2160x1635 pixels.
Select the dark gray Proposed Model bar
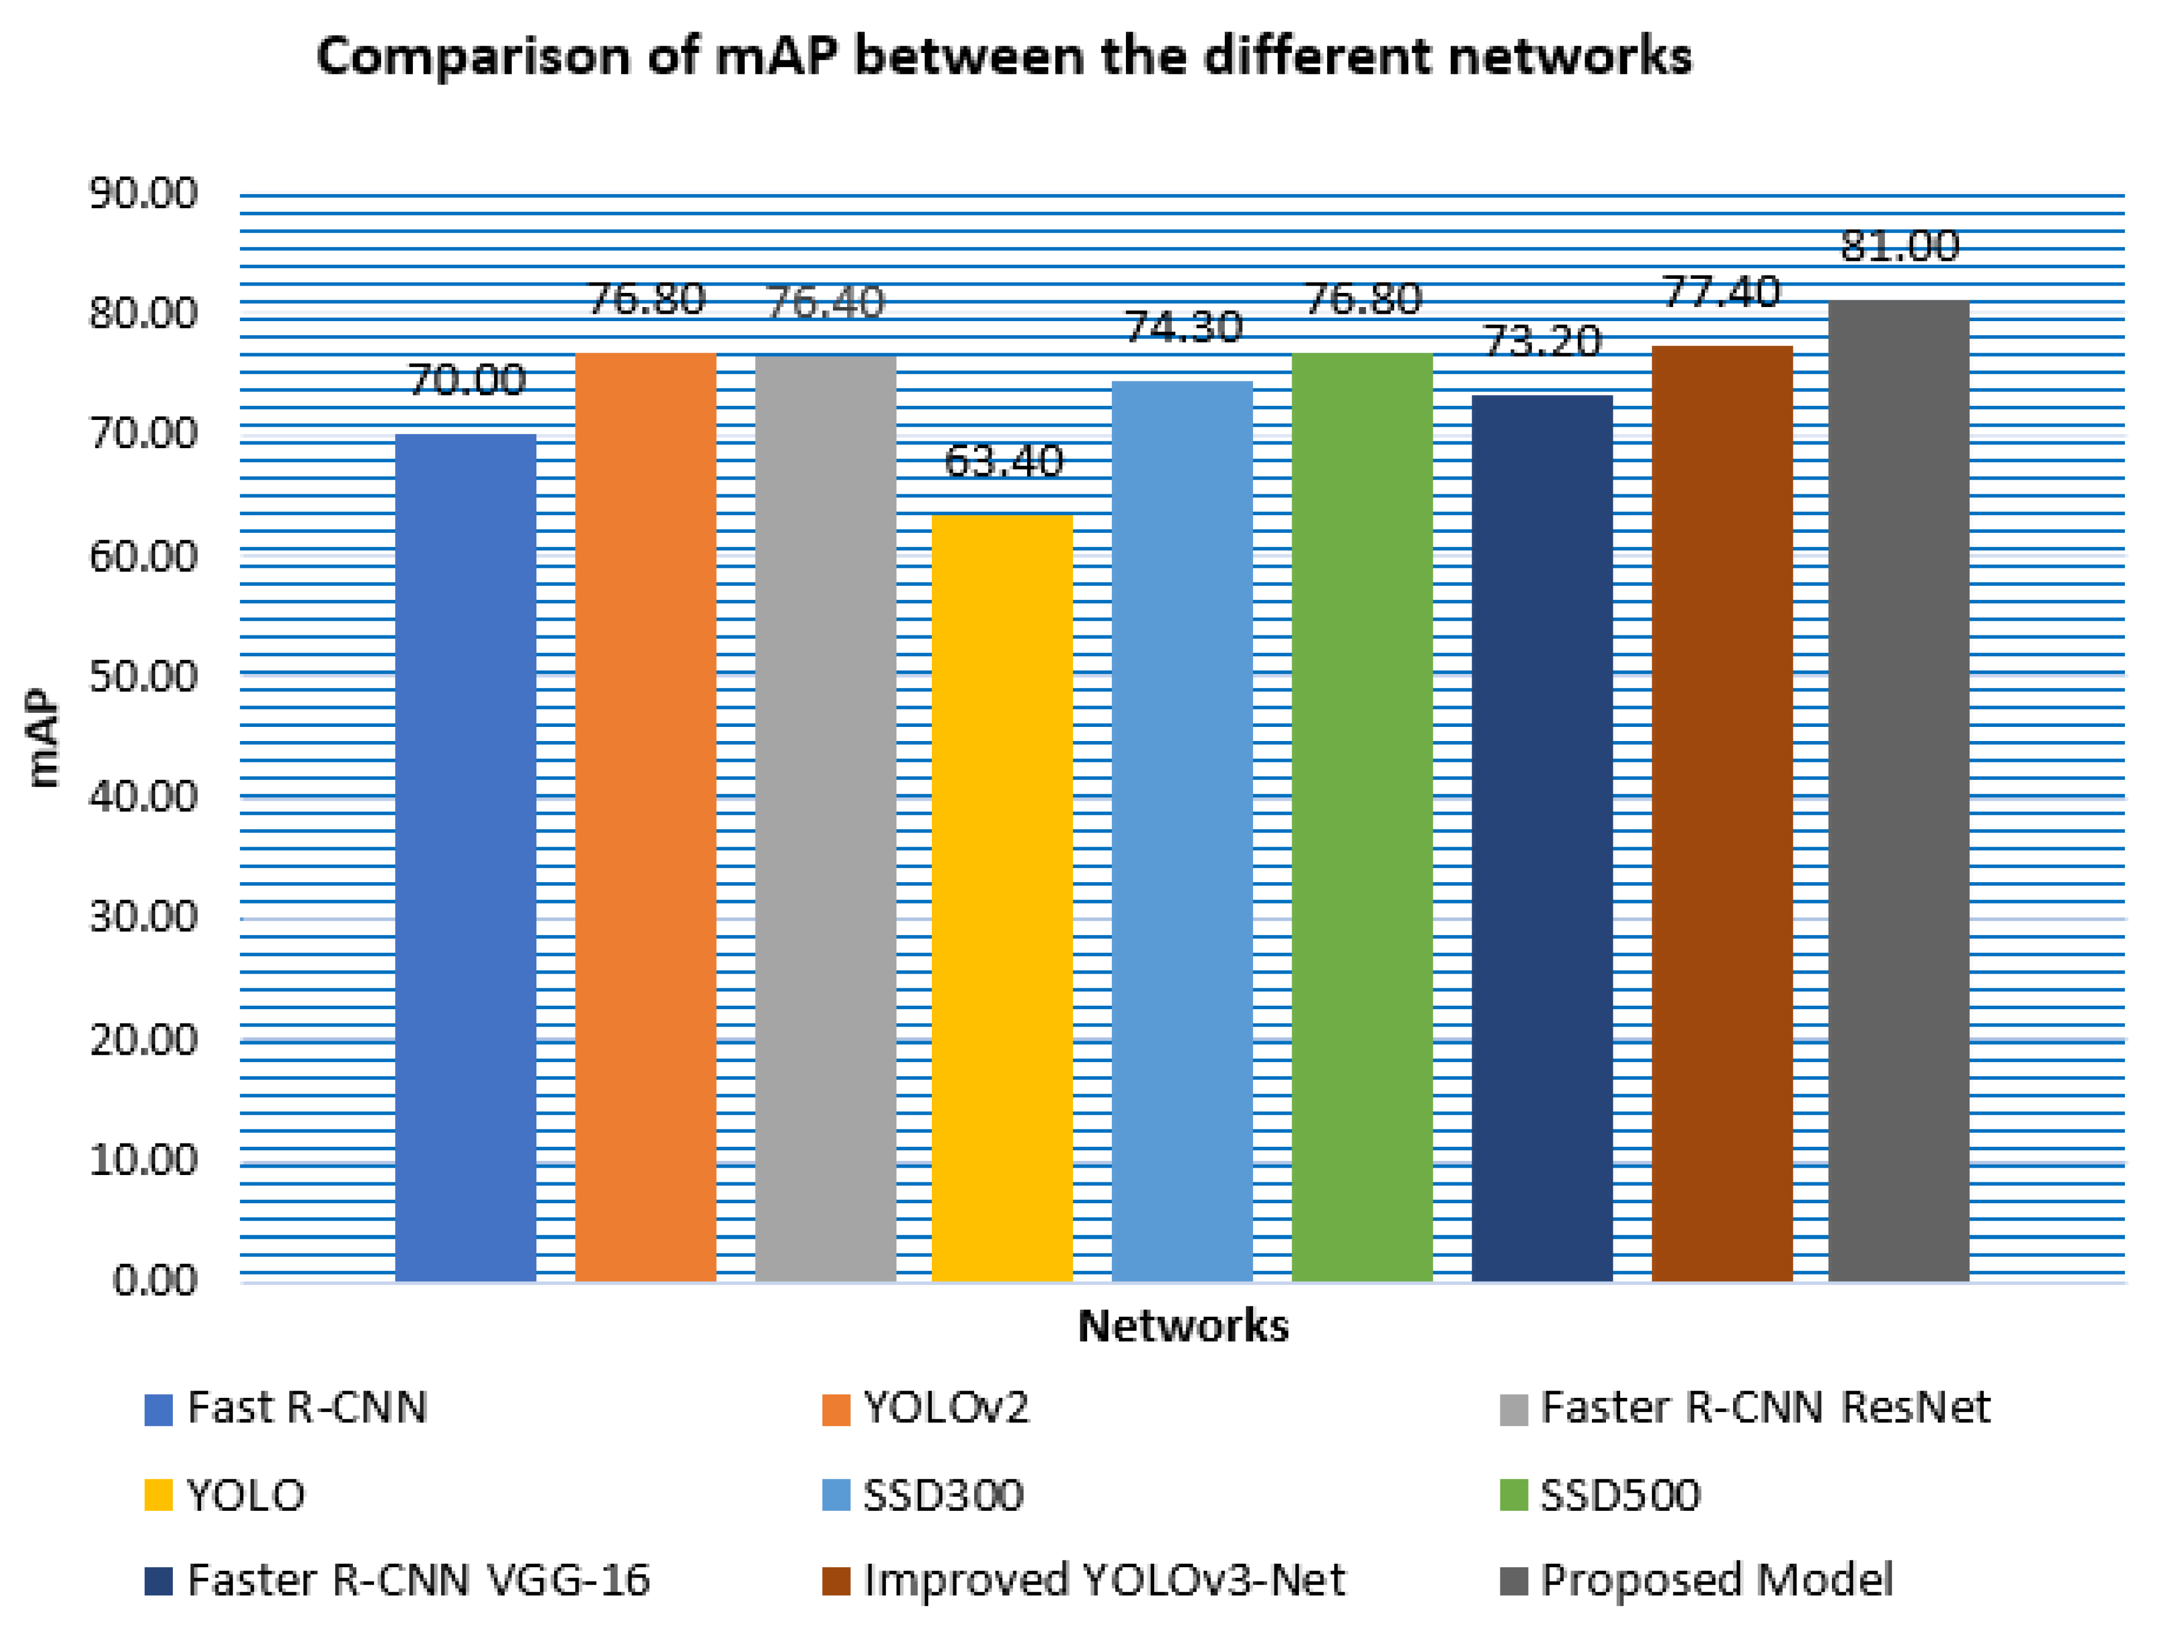point(1899,791)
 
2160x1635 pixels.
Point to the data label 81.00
point(1899,246)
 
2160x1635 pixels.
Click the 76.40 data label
point(825,303)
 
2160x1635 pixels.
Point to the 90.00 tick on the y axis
point(143,193)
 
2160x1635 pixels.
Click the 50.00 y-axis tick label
point(143,677)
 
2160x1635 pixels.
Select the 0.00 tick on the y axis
point(155,1279)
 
